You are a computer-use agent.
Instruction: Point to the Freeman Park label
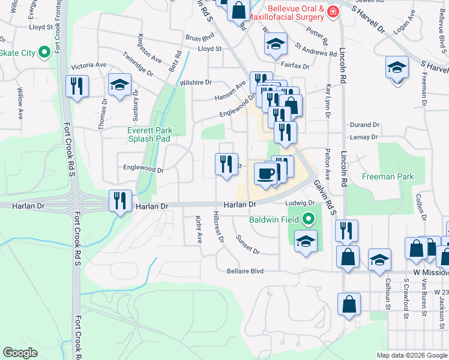(x=388, y=177)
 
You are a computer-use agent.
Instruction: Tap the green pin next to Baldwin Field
(x=309, y=219)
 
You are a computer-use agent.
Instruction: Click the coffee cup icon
(x=265, y=174)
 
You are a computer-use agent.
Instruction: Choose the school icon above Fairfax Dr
(x=276, y=43)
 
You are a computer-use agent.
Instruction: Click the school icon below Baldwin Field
(x=306, y=241)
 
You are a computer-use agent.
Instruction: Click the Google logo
(x=20, y=353)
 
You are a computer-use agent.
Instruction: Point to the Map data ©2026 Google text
(x=412, y=355)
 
